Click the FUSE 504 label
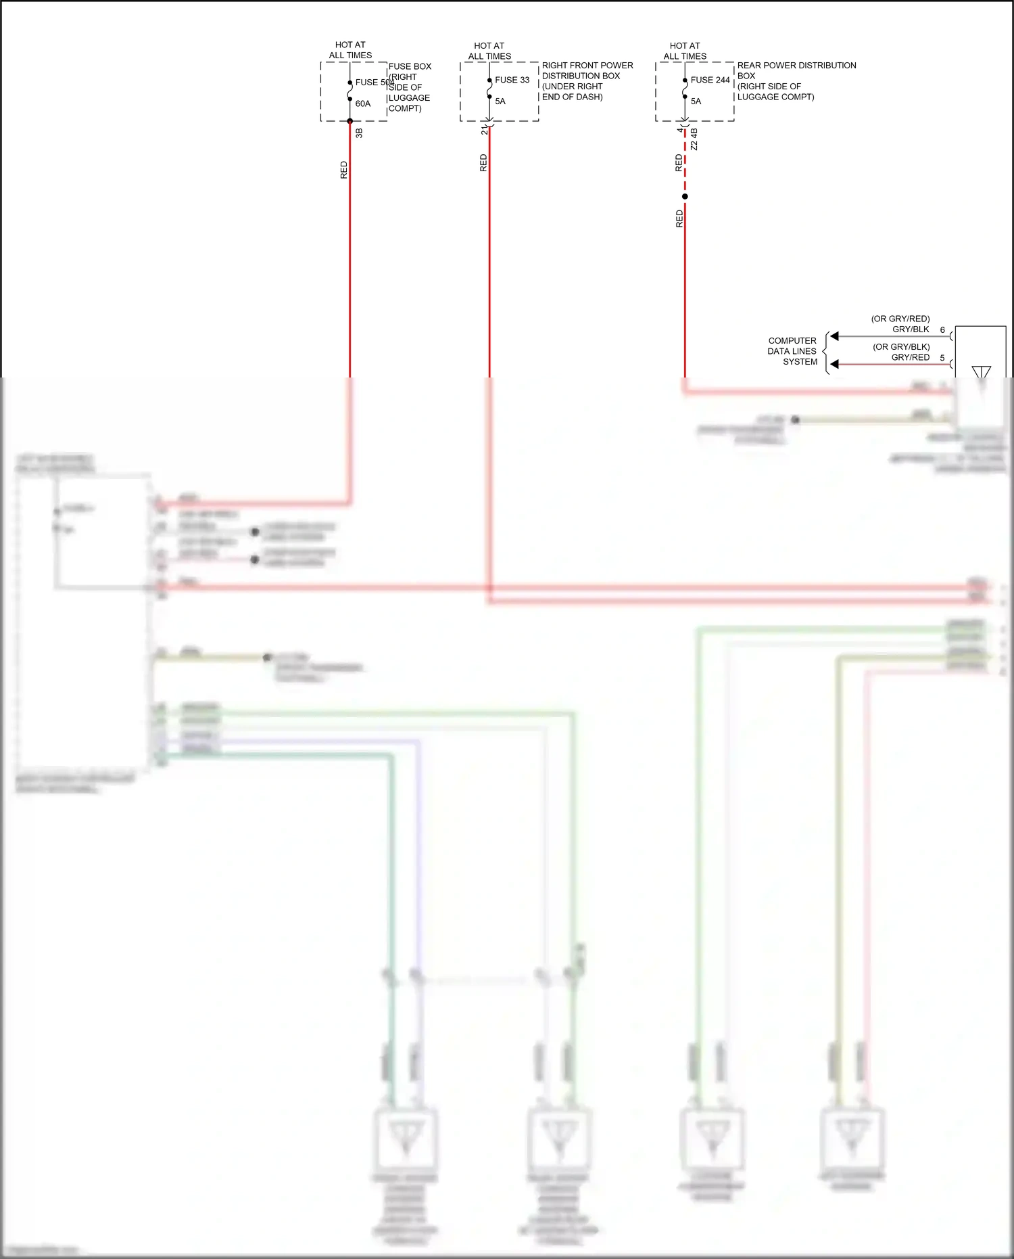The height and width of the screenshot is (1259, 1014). (x=374, y=83)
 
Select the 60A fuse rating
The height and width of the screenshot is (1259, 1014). (x=363, y=104)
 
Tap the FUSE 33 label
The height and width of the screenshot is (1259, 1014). (x=512, y=80)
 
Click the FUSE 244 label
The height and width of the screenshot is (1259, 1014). (x=710, y=80)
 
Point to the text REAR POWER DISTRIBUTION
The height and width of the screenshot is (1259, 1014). (x=796, y=66)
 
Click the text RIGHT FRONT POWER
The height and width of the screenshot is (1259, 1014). (x=587, y=66)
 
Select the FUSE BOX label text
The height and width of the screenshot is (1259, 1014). (x=410, y=66)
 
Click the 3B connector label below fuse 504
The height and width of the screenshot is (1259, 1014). (x=359, y=133)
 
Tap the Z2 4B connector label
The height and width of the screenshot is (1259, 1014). (x=694, y=139)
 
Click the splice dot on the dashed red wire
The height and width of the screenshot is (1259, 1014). (x=685, y=197)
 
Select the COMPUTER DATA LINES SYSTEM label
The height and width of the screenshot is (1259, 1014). (x=792, y=351)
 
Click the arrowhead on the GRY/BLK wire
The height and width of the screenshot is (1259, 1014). (x=835, y=336)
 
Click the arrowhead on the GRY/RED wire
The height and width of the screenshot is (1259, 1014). (x=835, y=364)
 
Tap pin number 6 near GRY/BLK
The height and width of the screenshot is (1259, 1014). (x=942, y=330)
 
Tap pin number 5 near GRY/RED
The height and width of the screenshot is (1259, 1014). (x=942, y=358)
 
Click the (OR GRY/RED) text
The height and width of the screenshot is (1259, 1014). (x=900, y=319)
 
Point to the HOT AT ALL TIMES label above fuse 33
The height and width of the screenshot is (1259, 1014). (x=489, y=51)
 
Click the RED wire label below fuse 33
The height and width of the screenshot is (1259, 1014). (x=483, y=163)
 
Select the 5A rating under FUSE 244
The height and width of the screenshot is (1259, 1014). (x=696, y=101)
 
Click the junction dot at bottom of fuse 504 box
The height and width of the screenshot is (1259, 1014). (x=350, y=121)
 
